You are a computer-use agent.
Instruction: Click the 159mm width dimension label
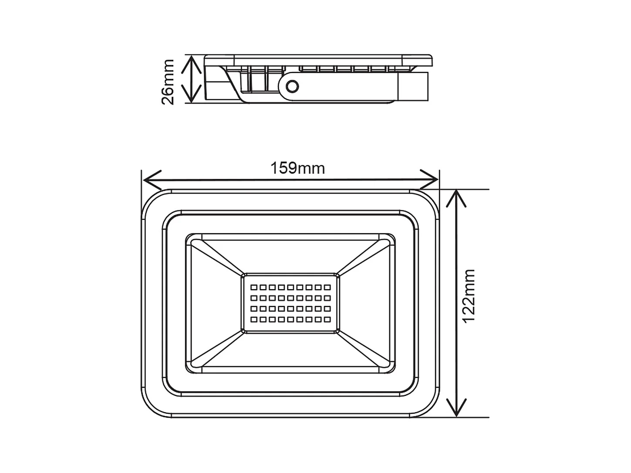[297, 168]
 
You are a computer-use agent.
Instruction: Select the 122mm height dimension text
[469, 296]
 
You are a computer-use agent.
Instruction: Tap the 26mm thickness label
[168, 82]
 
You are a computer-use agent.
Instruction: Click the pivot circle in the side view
[292, 86]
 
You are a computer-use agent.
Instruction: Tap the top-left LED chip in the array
[253, 287]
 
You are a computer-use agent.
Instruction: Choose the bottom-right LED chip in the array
[327, 320]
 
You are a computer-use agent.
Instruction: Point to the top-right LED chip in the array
[327, 287]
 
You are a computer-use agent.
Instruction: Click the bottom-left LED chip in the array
[253, 320]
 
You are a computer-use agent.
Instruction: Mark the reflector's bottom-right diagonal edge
[364, 348]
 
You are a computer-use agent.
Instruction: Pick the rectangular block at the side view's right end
[413, 86]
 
